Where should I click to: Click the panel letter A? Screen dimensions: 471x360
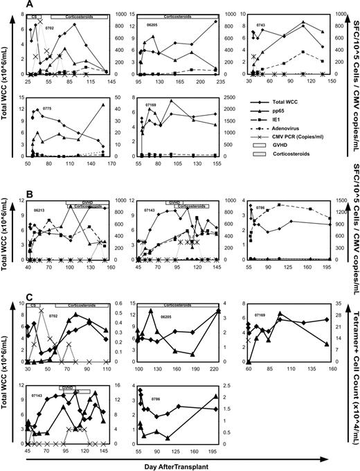pos(29,4)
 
